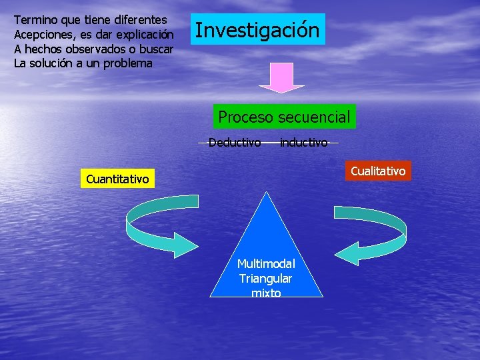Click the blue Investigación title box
pyautogui.click(x=257, y=30)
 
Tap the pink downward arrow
pyautogui.click(x=281, y=78)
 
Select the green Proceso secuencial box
pyautogui.click(x=284, y=117)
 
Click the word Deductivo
pyautogui.click(x=234, y=142)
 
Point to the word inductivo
pyautogui.click(x=303, y=142)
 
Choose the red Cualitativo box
pyautogui.click(x=378, y=171)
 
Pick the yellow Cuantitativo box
pyautogui.click(x=117, y=179)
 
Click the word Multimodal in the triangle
pyautogui.click(x=266, y=264)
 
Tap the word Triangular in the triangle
pyautogui.click(x=266, y=278)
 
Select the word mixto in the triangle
pyautogui.click(x=266, y=293)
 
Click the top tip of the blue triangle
pyautogui.click(x=267, y=194)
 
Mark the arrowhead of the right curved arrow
pyautogui.click(x=345, y=253)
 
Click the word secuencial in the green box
pyautogui.click(x=314, y=117)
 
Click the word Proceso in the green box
pyautogui.click(x=246, y=117)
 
